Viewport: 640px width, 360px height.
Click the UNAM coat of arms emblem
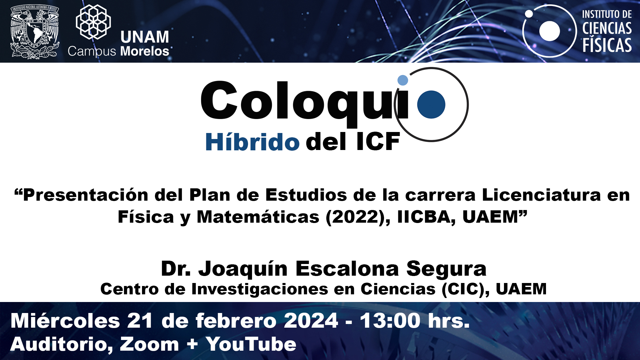tap(35, 32)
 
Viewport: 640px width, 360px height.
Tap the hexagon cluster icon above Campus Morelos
tap(93, 21)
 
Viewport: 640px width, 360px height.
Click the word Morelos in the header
tap(145, 51)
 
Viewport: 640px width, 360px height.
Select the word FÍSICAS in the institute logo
tap(607, 45)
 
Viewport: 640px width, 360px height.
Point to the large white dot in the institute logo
tap(549, 31)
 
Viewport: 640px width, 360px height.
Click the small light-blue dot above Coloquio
tap(403, 80)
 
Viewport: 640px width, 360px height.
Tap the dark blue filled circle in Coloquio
tap(431, 104)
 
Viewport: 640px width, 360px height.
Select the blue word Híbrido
tap(252, 142)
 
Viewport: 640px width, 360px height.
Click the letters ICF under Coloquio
tap(378, 142)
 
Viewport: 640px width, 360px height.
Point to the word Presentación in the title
tap(86, 195)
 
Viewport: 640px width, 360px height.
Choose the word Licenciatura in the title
tap(541, 195)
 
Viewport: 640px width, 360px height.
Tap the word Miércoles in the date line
tap(65, 321)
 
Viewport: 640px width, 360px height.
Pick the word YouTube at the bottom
tap(251, 344)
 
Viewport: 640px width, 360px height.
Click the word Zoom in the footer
tap(149, 344)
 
